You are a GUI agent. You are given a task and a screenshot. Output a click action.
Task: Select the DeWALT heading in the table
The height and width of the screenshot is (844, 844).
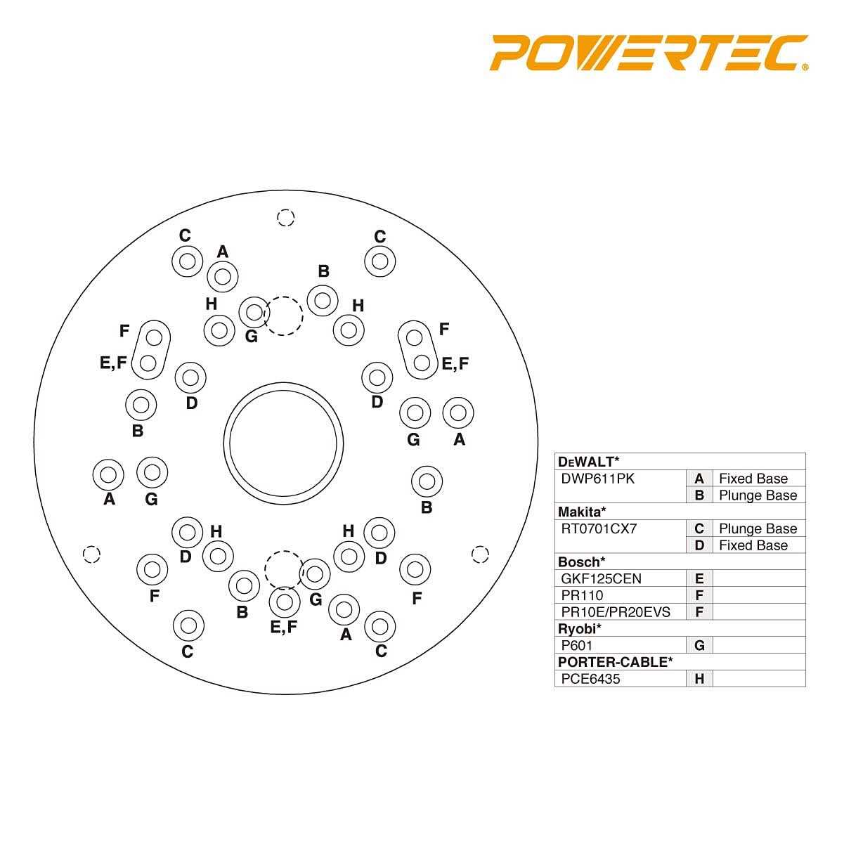coord(588,462)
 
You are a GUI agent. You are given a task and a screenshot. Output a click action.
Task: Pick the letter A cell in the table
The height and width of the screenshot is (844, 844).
coord(699,479)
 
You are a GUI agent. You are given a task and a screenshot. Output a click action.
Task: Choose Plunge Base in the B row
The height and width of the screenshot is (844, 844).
coord(758,495)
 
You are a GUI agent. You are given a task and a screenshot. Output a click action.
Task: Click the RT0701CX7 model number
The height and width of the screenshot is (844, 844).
coord(599,528)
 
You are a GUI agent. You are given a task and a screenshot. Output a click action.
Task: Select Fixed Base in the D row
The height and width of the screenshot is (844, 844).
coord(753,545)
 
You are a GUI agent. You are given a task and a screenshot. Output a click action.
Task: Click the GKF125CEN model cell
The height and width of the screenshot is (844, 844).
coord(601,578)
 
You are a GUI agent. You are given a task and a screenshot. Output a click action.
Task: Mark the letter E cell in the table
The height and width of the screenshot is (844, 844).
coord(699,578)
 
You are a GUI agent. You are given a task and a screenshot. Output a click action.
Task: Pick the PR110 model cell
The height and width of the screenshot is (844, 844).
coord(582,595)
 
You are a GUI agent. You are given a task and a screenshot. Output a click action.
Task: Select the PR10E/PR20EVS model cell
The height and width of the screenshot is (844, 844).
coord(616,612)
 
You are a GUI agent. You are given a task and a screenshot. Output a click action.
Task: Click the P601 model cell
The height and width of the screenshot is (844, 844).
coord(578,645)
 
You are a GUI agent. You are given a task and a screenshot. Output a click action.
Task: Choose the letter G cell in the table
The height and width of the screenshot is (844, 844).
coord(699,645)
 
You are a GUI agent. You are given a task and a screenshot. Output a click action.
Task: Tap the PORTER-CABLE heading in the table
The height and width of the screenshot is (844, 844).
coord(615,662)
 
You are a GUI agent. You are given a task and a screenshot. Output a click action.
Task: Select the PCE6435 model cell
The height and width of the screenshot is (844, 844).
coord(590,679)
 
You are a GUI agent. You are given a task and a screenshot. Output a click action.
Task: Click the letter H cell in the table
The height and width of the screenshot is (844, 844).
coord(699,679)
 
